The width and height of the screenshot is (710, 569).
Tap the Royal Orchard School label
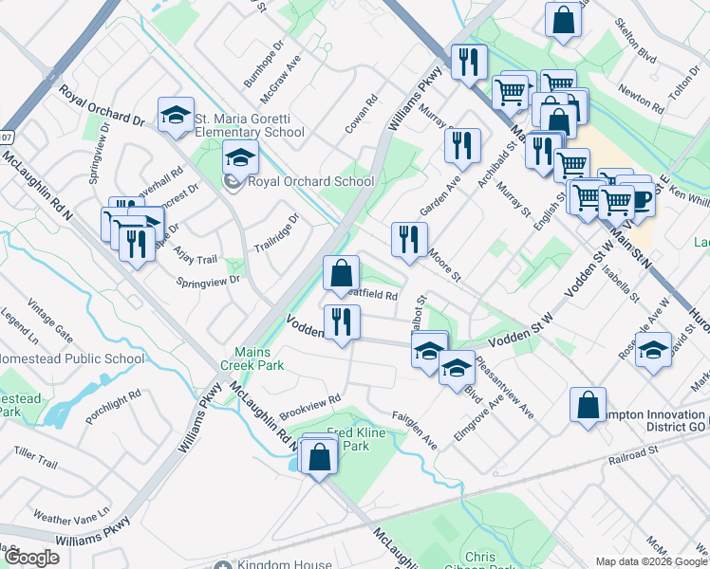point(309,181)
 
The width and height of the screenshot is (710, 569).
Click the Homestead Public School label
point(72,359)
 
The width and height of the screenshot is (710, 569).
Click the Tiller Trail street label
point(36,462)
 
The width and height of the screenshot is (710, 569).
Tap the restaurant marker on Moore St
point(409,239)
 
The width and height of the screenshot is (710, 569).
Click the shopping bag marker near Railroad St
point(588,405)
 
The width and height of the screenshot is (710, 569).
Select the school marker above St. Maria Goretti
point(176,116)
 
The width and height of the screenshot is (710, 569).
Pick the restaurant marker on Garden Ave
point(462,145)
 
